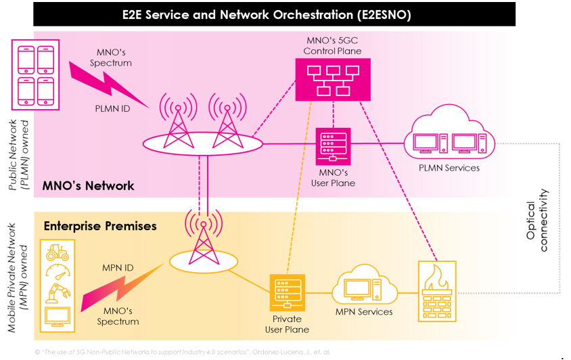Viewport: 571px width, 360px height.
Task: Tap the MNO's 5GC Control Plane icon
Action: click(x=332, y=79)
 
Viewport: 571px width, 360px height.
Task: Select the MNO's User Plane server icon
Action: click(x=333, y=146)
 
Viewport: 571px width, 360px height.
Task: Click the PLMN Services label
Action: click(x=449, y=168)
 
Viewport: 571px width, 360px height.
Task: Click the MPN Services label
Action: click(x=364, y=312)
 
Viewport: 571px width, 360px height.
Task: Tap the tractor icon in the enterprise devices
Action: click(x=57, y=254)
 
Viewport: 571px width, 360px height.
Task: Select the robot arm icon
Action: click(x=57, y=294)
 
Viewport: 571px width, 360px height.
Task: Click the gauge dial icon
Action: click(x=57, y=273)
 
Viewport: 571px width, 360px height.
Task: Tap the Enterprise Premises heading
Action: click(x=100, y=226)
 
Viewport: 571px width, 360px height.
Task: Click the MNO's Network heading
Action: click(x=88, y=185)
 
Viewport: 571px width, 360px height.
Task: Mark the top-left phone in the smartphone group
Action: click(x=26, y=59)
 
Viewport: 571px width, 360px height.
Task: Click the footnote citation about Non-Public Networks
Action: click(x=183, y=352)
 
